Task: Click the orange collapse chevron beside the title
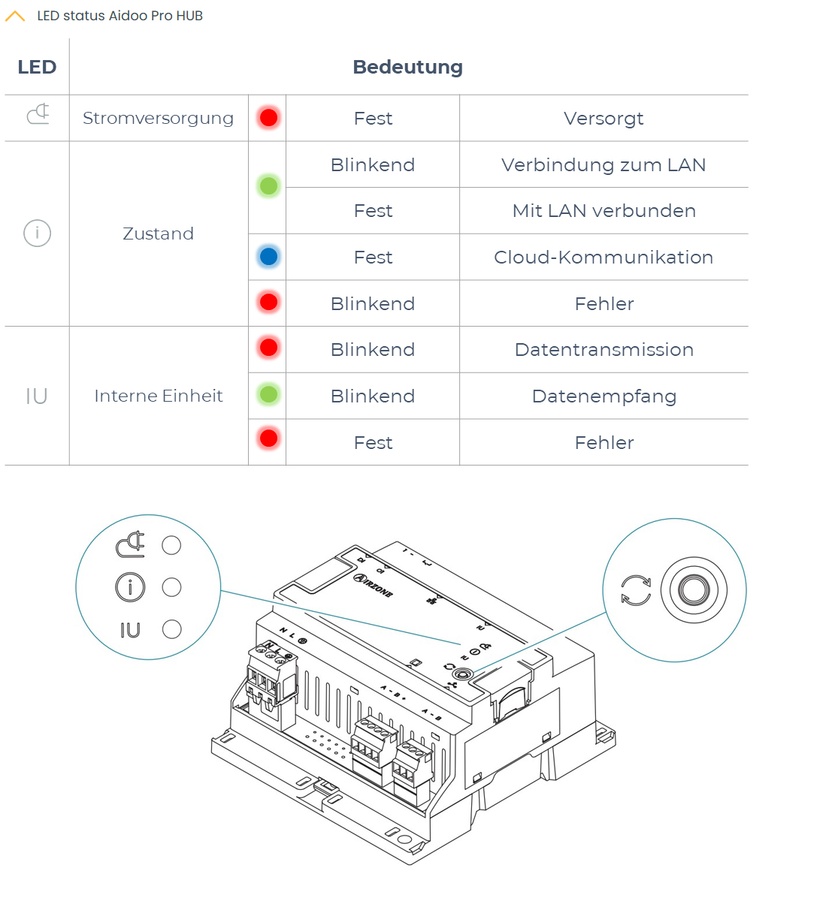(x=15, y=16)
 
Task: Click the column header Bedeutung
(x=407, y=67)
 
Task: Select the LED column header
(x=37, y=67)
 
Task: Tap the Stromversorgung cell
(x=158, y=118)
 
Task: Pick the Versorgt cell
(x=604, y=118)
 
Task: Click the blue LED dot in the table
(x=268, y=257)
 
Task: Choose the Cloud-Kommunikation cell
(x=604, y=257)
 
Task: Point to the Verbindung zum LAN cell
(x=604, y=164)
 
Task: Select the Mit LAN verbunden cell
(x=604, y=211)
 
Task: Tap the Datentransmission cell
(x=604, y=350)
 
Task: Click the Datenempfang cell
(x=604, y=396)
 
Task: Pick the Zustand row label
(x=158, y=234)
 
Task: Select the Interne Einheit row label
(x=158, y=396)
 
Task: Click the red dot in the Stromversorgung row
(x=268, y=117)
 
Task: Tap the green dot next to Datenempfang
(x=268, y=394)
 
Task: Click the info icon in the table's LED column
(x=37, y=233)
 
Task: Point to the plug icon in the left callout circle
(x=131, y=544)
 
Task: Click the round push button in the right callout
(x=694, y=589)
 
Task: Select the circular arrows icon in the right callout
(x=636, y=590)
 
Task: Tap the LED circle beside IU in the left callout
(x=172, y=629)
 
